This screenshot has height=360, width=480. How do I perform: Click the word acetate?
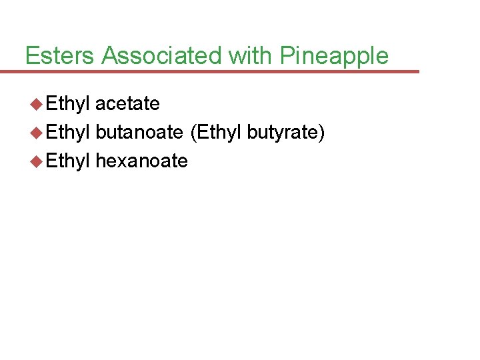(x=127, y=104)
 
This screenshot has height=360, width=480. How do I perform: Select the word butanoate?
(x=139, y=132)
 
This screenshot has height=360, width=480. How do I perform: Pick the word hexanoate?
(x=141, y=161)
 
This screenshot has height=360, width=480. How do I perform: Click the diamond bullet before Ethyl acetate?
(x=37, y=104)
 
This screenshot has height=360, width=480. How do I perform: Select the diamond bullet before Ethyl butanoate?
(x=37, y=132)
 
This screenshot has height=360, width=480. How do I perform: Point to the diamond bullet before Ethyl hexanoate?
(x=37, y=161)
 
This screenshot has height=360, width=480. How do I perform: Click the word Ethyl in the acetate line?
(x=68, y=104)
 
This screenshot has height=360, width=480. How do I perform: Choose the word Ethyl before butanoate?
(x=68, y=132)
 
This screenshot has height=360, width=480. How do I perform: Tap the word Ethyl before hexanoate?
(x=68, y=161)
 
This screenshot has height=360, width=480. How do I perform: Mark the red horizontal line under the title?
(x=213, y=71)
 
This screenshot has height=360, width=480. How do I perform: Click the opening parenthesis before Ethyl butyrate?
(x=193, y=133)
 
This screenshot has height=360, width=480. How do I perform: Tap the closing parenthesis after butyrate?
(x=322, y=133)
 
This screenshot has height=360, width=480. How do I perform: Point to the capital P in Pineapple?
(x=286, y=55)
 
